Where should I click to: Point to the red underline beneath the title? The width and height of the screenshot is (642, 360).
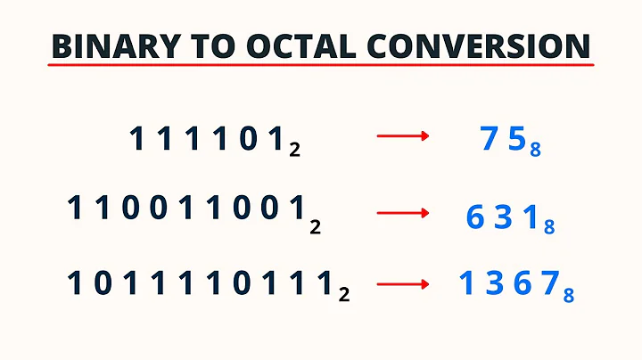pyautogui.click(x=321, y=67)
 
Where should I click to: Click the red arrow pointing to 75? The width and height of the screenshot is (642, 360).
pyautogui.click(x=403, y=136)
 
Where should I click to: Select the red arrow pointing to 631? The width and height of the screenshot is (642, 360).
pyautogui.click(x=403, y=214)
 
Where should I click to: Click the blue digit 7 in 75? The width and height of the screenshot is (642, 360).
pyautogui.click(x=487, y=138)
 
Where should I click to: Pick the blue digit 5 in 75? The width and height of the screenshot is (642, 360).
pyautogui.click(x=514, y=138)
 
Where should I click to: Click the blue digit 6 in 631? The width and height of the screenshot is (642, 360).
pyautogui.click(x=474, y=216)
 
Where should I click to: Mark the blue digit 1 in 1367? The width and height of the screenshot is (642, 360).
pyautogui.click(x=465, y=284)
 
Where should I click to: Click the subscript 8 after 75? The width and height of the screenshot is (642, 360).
pyautogui.click(x=535, y=151)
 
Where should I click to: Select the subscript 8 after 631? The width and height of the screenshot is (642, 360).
pyautogui.click(x=549, y=228)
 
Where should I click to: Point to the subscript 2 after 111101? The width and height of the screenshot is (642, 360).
pyautogui.click(x=294, y=151)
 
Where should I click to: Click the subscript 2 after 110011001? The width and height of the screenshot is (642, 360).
pyautogui.click(x=315, y=228)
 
